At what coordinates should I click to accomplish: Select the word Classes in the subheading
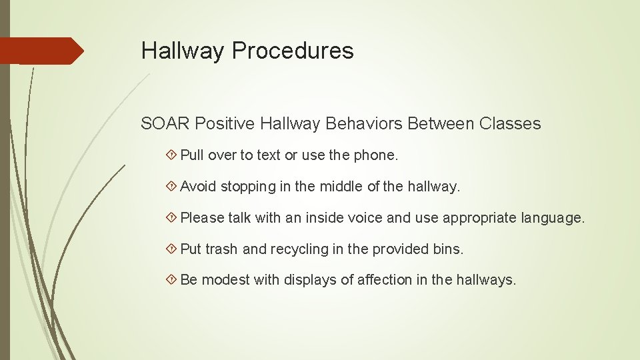tap(510, 124)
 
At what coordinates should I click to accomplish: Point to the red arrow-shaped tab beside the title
tap(41, 51)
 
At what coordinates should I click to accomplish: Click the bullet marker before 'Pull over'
tap(172, 155)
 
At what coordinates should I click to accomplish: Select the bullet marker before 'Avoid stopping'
tap(172, 187)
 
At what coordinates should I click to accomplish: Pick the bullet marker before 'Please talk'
tap(172, 218)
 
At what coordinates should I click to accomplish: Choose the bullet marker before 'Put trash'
tap(172, 249)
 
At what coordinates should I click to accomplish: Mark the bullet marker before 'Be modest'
tap(172, 280)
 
